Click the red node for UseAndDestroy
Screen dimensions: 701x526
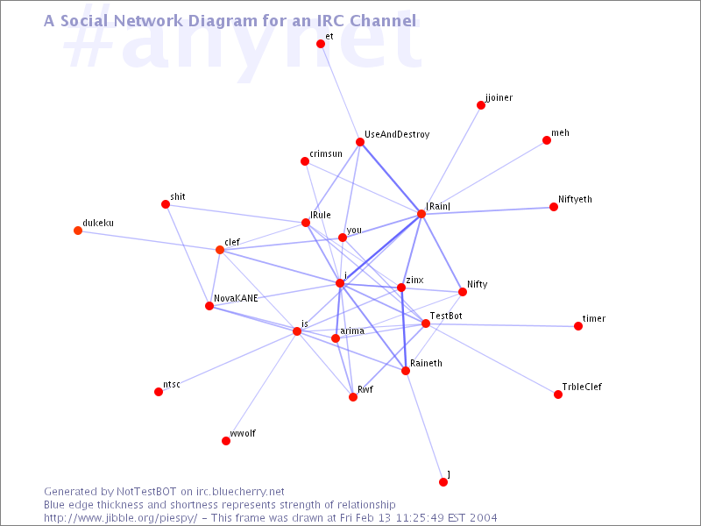[360, 142]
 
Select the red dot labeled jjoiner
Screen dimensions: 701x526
[481, 105]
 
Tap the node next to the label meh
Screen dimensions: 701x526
[546, 140]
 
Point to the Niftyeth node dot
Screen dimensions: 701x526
[554, 207]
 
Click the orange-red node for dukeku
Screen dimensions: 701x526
[78, 231]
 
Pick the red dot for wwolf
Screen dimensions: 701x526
[226, 441]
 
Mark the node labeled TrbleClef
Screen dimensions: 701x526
[558, 394]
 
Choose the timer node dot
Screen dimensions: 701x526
[578, 326]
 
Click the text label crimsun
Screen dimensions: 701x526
[326, 154]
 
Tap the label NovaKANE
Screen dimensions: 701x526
[236, 298]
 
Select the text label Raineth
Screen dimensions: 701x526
[426, 363]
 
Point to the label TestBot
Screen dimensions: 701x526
[446, 316]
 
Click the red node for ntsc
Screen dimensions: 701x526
[159, 392]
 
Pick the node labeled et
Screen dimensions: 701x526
[321, 43]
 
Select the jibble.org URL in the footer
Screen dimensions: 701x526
[121, 518]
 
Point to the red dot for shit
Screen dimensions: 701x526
[166, 204]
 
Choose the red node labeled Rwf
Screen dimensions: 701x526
[353, 397]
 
